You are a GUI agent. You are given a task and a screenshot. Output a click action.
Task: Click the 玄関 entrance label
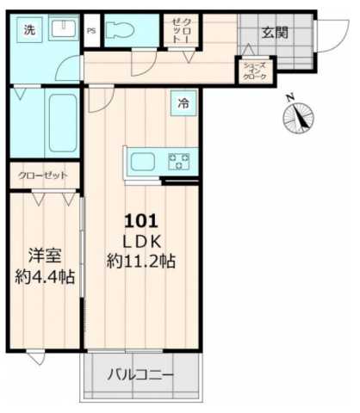pyautogui.click(x=275, y=33)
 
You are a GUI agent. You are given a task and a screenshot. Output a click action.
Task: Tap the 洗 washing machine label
pyautogui.click(x=29, y=31)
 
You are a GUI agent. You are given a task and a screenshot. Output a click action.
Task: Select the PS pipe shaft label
pyautogui.click(x=91, y=32)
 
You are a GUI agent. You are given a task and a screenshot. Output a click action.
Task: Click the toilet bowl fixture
pyautogui.click(x=122, y=32)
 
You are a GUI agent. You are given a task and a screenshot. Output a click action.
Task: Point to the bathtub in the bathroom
pyautogui.click(x=60, y=124)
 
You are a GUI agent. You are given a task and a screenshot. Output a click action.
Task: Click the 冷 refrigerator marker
pyautogui.click(x=183, y=104)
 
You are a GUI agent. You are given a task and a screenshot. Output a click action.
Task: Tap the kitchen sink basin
pyautogui.click(x=142, y=160)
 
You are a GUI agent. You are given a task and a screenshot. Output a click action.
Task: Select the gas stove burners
pyautogui.click(x=180, y=159)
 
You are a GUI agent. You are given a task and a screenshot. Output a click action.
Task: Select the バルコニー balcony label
pyautogui.click(x=140, y=375)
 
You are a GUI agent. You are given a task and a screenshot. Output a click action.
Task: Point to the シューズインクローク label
pyautogui.click(x=255, y=71)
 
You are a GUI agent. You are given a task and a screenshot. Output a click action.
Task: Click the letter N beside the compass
pyautogui.click(x=290, y=96)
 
